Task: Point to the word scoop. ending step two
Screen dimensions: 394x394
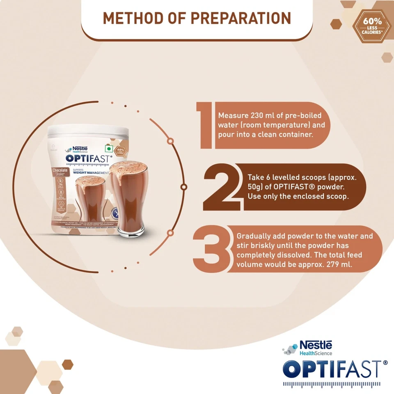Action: pyautogui.click(x=337, y=196)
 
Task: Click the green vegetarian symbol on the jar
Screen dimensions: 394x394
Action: pyautogui.click(x=109, y=148)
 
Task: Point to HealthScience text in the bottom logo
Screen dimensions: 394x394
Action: pyautogui.click(x=316, y=353)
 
